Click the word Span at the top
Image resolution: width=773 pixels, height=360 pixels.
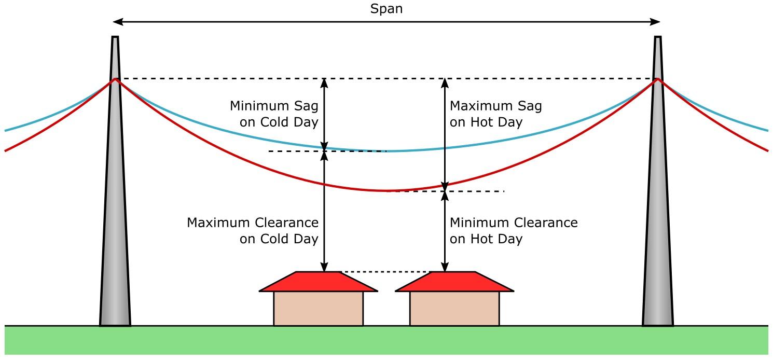pyautogui.click(x=386, y=9)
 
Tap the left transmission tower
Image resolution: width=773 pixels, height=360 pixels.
pyautogui.click(x=115, y=207)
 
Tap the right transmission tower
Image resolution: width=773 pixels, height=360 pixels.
pyautogui.click(x=658, y=207)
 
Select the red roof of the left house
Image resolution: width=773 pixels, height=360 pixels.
pyautogui.click(x=319, y=282)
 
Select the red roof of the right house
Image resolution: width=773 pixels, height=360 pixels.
pyautogui.click(x=454, y=282)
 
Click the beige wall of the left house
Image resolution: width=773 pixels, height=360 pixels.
pyautogui.click(x=319, y=309)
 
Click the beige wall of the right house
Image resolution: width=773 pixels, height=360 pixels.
pyautogui.click(x=454, y=309)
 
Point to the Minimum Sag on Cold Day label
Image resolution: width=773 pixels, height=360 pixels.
pyautogui.click(x=274, y=114)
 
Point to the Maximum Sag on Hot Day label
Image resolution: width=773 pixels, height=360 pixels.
pyautogui.click(x=495, y=114)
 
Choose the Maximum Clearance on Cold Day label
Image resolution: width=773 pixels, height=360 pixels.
pyautogui.click(x=253, y=231)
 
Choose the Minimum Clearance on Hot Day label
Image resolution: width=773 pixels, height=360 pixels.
pyautogui.click(x=513, y=231)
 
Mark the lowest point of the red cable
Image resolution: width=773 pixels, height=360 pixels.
pyautogui.click(x=386, y=191)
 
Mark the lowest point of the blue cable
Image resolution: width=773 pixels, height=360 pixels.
pyautogui.click(x=386, y=151)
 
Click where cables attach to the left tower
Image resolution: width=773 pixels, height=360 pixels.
pyautogui.click(x=115, y=79)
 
